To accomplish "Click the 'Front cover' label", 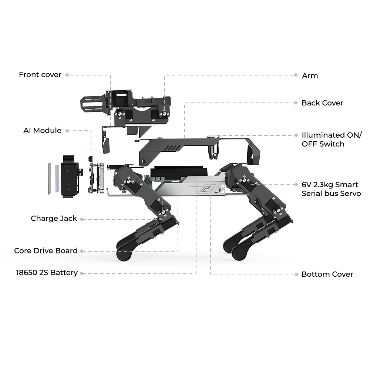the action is coord(40,75).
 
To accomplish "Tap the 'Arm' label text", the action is coord(310,76).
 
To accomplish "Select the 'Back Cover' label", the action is coord(322,103).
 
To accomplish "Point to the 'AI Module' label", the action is coord(43,131).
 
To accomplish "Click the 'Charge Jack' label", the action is coord(54,219).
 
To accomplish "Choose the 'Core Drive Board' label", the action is coord(46,250).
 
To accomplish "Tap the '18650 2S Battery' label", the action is coord(47,273).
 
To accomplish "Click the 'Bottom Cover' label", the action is coord(327,274).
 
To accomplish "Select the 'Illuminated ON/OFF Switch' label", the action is coord(332,139).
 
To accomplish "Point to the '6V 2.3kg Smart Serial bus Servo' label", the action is coord(331,189).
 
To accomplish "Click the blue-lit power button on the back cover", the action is coord(213,137).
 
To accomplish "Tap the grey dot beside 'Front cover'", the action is coord(67,75).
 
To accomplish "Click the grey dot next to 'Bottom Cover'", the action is coord(296,275).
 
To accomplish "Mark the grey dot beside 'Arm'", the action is coord(296,75).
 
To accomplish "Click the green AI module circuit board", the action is coord(91,175).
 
